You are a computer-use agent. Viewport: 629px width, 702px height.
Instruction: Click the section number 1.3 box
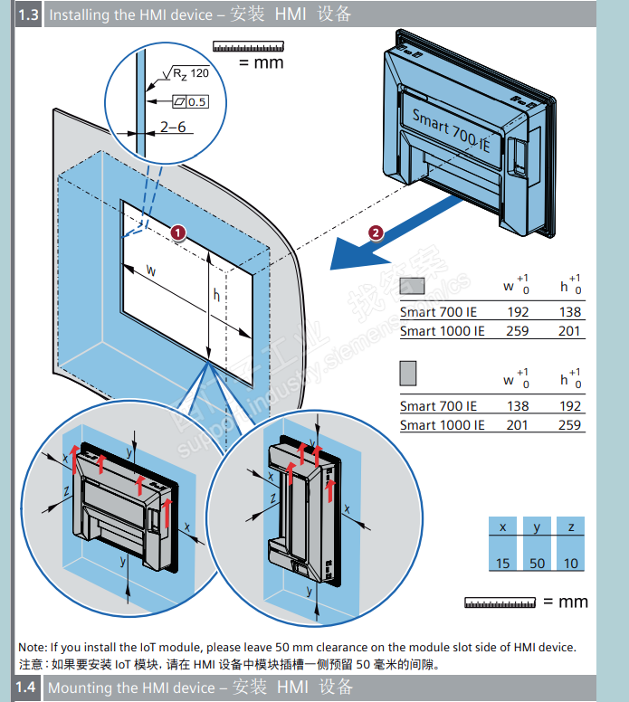(x=29, y=14)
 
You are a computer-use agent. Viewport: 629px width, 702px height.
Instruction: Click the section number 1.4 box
(x=26, y=688)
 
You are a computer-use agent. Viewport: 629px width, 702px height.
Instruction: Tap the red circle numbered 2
(x=376, y=232)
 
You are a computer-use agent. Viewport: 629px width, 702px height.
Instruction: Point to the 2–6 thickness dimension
(x=173, y=128)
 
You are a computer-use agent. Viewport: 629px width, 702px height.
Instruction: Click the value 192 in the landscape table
(x=518, y=312)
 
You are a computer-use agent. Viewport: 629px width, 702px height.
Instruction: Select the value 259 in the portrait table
(x=570, y=424)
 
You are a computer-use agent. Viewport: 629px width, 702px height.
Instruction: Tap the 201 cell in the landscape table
(x=570, y=331)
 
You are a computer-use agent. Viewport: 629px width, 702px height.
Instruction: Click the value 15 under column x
(x=503, y=564)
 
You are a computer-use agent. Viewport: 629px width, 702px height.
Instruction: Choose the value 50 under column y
(x=538, y=564)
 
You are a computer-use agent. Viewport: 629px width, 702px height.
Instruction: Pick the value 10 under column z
(x=570, y=564)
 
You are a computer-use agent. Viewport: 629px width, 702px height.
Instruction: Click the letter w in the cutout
(x=151, y=270)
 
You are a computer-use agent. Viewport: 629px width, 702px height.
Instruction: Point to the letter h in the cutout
(x=215, y=295)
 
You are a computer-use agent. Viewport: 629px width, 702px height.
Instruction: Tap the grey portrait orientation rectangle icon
(x=408, y=372)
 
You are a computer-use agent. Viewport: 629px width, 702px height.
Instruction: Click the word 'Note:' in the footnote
(x=33, y=647)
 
